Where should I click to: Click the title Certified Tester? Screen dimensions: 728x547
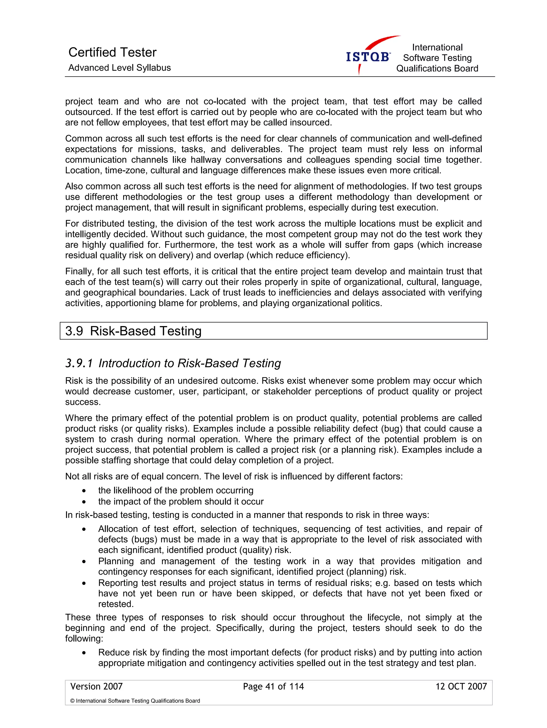click(112, 52)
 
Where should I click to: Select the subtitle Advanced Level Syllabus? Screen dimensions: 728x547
click(119, 68)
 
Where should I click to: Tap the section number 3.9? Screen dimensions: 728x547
click(74, 331)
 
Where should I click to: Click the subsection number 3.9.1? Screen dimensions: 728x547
click(79, 363)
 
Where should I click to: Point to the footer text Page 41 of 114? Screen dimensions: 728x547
click(273, 686)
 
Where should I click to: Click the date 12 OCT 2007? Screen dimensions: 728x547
click(461, 686)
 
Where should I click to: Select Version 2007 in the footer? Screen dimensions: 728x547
click(96, 686)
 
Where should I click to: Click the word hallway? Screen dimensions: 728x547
click(206, 160)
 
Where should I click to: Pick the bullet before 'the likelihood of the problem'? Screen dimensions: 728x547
click(84, 491)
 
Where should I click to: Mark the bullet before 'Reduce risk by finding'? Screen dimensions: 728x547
click(84, 653)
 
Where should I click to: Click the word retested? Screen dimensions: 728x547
click(116, 604)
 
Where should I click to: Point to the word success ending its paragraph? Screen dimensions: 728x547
click(82, 402)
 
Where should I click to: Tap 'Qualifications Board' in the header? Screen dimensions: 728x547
click(437, 68)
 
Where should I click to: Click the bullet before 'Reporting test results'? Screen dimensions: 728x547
click(84, 583)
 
